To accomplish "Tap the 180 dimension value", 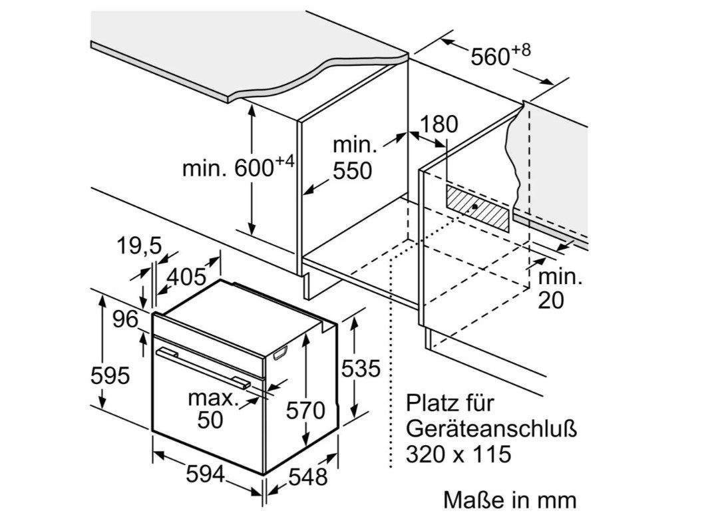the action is pyautogui.click(x=439, y=124).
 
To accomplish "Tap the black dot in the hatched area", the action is pyautogui.click(x=476, y=206).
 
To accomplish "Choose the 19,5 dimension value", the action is pyautogui.click(x=139, y=246).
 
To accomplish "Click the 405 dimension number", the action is pyautogui.click(x=186, y=277).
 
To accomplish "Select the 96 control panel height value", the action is pyautogui.click(x=126, y=319).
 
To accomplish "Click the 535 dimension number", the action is pyautogui.click(x=361, y=369).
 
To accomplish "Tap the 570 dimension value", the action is pyautogui.click(x=305, y=411).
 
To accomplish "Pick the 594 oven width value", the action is pyautogui.click(x=205, y=474).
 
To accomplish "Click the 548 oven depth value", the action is pyautogui.click(x=308, y=476).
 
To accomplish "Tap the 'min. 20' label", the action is pyautogui.click(x=560, y=289).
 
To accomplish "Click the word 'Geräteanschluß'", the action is pyautogui.click(x=492, y=429).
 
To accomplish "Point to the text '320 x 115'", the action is pyautogui.click(x=458, y=454).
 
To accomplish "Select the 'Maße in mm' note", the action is pyautogui.click(x=510, y=500).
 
